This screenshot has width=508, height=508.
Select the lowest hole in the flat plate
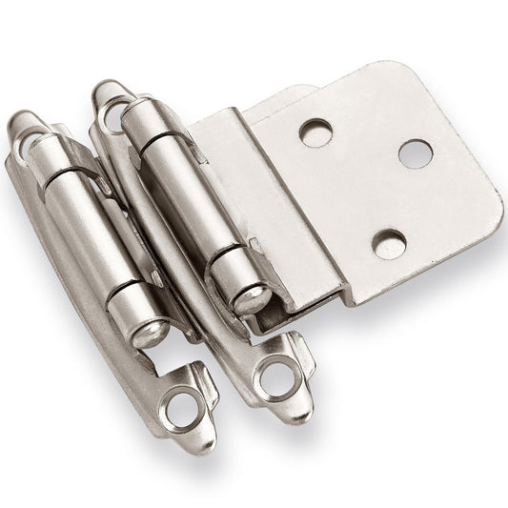[387, 244]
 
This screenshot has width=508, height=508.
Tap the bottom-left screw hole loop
[179, 412]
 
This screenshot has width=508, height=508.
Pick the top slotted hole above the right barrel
[109, 106]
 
